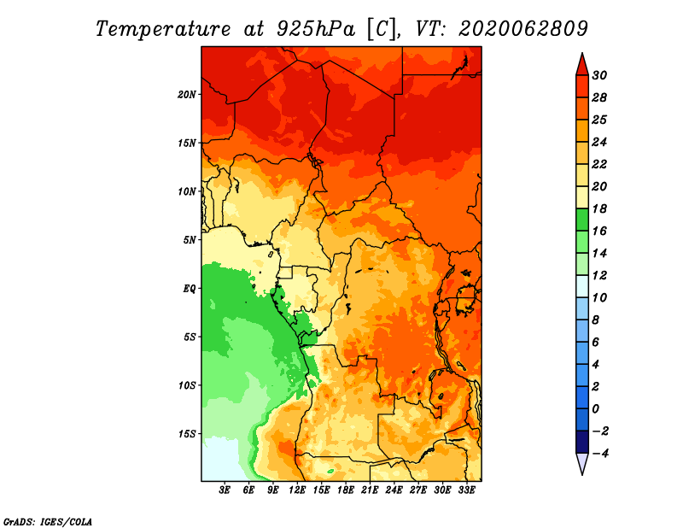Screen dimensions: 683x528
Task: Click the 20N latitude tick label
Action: [187, 94]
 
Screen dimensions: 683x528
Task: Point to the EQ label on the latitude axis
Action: [189, 289]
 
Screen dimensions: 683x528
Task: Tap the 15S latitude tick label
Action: [187, 434]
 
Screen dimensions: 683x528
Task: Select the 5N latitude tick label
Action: [190, 240]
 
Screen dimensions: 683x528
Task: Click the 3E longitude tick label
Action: [225, 490]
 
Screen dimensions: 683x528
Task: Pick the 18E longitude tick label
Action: [346, 490]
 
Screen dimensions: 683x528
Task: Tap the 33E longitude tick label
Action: [466, 490]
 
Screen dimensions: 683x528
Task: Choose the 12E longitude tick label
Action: [297, 490]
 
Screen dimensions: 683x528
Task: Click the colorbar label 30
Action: [599, 75]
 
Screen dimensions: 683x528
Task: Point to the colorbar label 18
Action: [599, 208]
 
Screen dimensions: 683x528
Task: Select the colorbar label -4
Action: [600, 454]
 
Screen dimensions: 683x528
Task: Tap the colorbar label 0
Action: [595, 409]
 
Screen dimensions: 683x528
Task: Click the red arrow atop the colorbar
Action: [582, 65]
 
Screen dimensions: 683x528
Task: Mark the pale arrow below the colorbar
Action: [582, 463]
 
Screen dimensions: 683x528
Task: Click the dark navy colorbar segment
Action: [582, 442]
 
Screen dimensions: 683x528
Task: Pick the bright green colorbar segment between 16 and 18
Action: [582, 220]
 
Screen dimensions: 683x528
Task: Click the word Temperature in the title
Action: [163, 29]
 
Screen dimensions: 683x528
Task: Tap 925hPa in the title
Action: [316, 29]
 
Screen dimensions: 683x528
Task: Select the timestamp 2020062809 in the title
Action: [523, 29]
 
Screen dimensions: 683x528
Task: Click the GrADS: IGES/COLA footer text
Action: [48, 522]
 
